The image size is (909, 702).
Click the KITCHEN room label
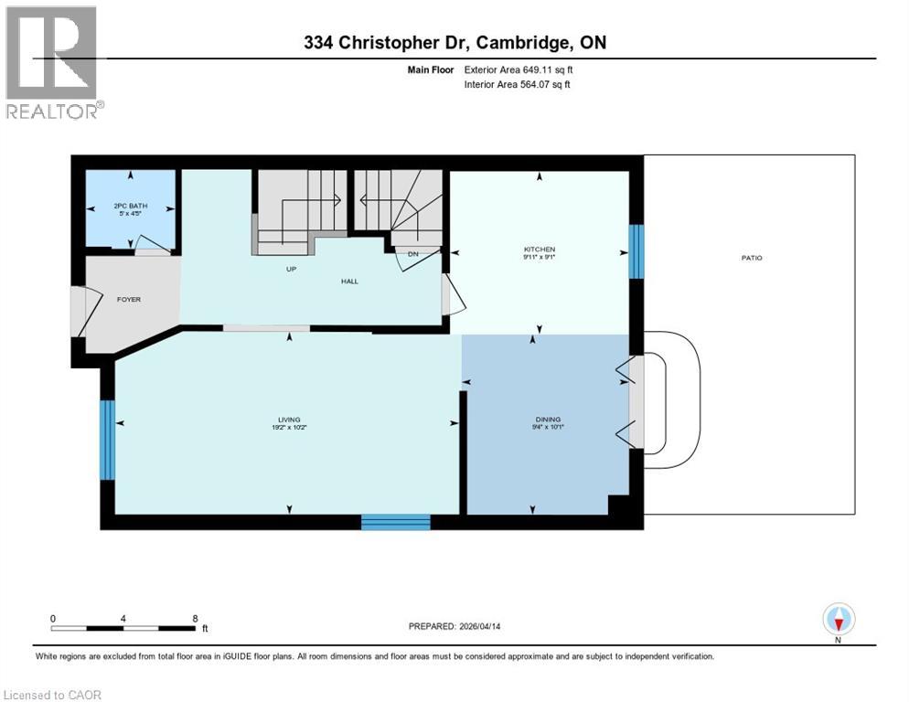(539, 250)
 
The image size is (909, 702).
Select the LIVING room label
(290, 420)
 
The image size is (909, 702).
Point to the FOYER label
(128, 299)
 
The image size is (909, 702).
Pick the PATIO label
(751, 258)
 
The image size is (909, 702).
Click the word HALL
(348, 281)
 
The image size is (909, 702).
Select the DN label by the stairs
(413, 254)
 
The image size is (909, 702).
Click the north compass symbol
(838, 619)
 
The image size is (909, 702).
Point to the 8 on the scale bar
(195, 618)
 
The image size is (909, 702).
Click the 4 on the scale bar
(123, 618)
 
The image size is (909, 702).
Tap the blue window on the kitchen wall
(636, 250)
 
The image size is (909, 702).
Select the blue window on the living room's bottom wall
(395, 522)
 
